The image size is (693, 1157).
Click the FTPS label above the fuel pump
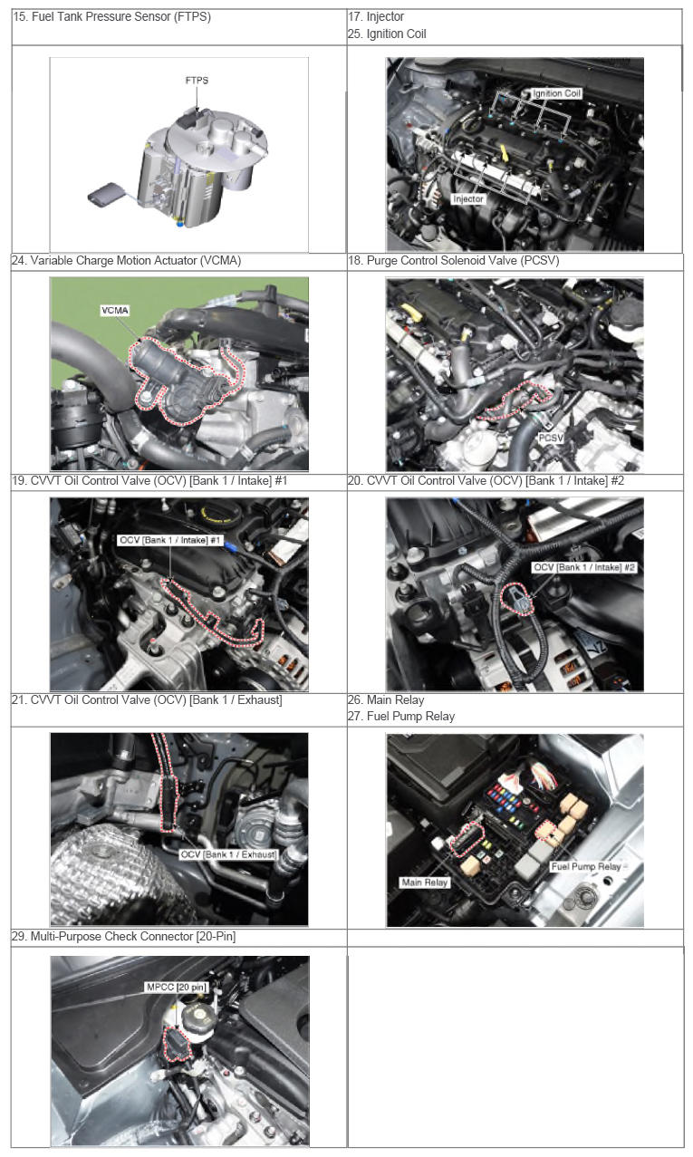point(197,81)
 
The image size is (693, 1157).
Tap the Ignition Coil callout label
point(557,93)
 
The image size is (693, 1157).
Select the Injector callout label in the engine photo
point(467,198)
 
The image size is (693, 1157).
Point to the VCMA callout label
point(115,311)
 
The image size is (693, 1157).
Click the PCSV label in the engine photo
point(551,438)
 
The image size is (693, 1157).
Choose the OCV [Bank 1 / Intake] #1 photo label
point(170,540)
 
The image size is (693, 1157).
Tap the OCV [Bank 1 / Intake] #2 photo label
point(584,567)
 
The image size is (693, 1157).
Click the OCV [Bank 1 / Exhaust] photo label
point(228,854)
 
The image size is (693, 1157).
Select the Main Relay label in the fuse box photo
point(425,882)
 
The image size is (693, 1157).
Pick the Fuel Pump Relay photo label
point(585,866)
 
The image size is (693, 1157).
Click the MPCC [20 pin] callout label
point(177,987)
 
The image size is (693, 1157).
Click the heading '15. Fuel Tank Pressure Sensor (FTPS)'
point(111,16)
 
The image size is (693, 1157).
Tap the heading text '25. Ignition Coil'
point(387,34)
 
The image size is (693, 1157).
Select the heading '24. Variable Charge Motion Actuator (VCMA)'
point(127,260)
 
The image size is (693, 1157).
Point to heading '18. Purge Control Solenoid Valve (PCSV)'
point(453,260)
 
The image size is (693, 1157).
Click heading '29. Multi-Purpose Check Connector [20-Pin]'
point(124,936)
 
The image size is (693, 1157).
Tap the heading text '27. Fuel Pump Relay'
point(401,717)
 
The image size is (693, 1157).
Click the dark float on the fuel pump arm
point(105,194)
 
